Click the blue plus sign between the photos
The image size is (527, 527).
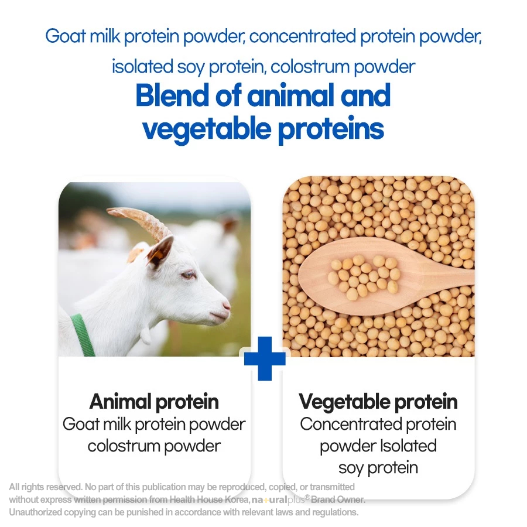point(265,358)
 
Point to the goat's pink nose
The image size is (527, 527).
point(226,306)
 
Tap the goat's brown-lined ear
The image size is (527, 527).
point(160,251)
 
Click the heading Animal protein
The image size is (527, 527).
point(154,402)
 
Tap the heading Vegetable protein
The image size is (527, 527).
point(378,402)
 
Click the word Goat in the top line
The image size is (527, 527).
point(66,36)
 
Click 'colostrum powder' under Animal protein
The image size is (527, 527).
point(154,446)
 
